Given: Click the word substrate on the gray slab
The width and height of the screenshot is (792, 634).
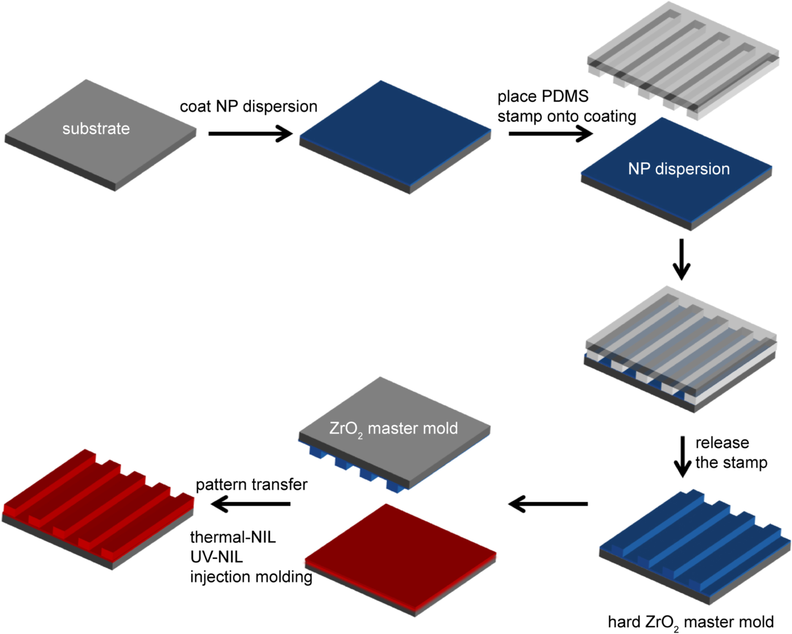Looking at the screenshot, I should (96, 129).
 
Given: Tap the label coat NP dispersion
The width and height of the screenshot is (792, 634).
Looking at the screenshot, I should (248, 107).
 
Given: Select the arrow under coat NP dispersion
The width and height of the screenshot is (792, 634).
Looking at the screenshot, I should (251, 134).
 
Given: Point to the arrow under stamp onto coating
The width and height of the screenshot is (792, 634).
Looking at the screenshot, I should (551, 134).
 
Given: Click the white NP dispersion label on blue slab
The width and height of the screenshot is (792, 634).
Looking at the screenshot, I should (679, 169).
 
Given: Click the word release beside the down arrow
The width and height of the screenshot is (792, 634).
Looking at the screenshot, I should (722, 443).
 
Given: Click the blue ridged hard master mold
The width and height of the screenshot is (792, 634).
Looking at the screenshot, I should (694, 547).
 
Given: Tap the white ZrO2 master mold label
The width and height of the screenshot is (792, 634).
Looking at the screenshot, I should (393, 429).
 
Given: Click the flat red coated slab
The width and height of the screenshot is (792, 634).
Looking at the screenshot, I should (400, 555).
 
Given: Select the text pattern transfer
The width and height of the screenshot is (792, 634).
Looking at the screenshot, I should (251, 485).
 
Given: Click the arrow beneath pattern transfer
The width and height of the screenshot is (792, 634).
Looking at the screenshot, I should (251, 504).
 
